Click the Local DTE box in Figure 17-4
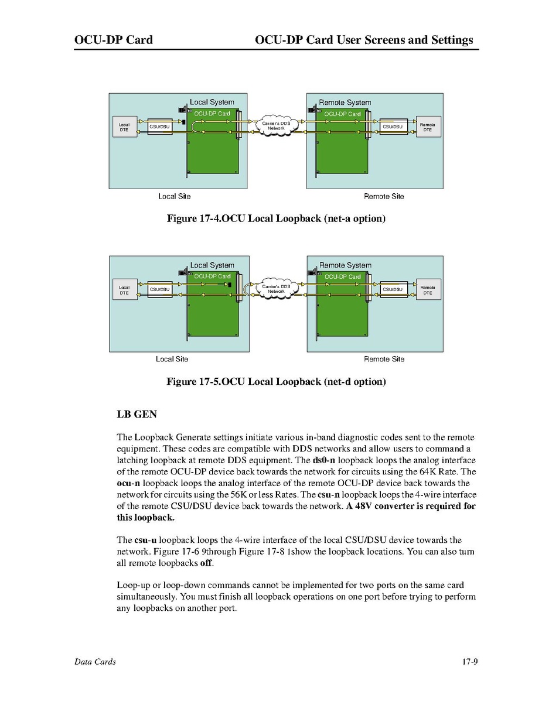[x=124, y=127]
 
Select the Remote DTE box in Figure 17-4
[x=428, y=127]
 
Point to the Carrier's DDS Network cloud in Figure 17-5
[x=276, y=289]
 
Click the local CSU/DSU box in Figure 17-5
[x=159, y=289]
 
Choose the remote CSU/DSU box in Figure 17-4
[x=393, y=126]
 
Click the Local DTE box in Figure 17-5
[x=124, y=290]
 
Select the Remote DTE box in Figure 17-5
[x=428, y=290]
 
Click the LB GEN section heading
[x=137, y=414]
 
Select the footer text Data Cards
[x=95, y=662]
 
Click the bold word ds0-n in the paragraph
[x=324, y=460]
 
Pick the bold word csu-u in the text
[x=145, y=540]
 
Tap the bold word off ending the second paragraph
[x=206, y=563]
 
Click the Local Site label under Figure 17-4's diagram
[x=174, y=196]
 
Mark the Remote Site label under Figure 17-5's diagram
[x=384, y=359]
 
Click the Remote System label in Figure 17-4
[x=345, y=102]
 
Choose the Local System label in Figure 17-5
[x=212, y=265]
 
